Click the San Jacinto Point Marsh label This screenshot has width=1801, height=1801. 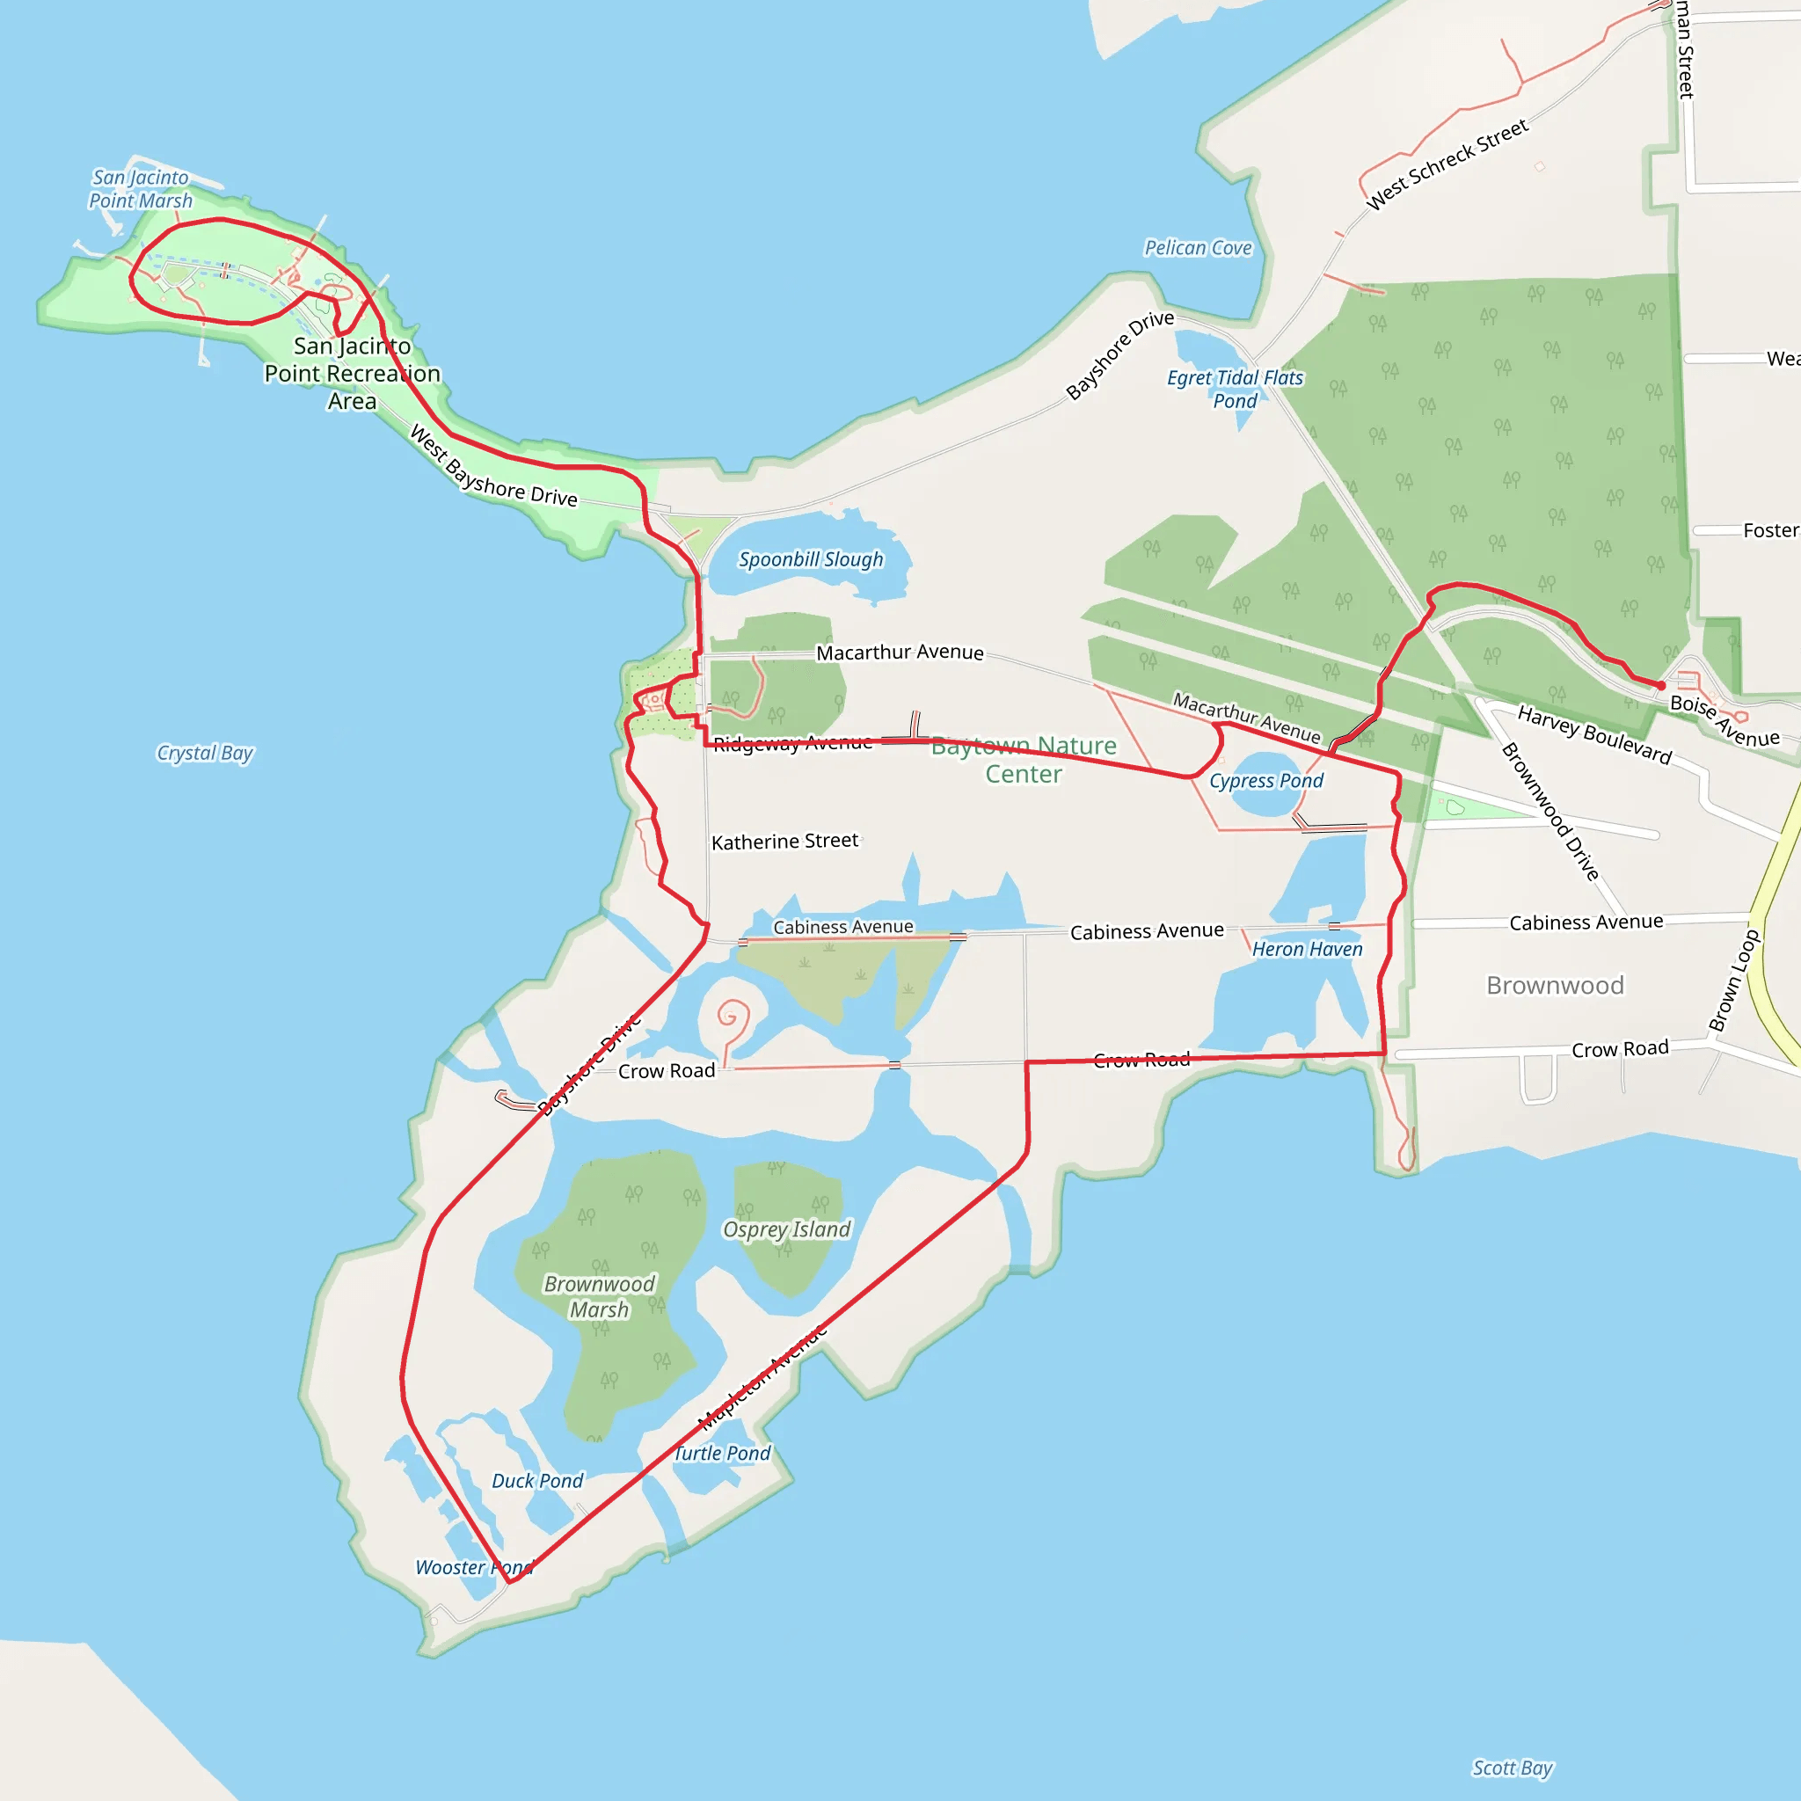[x=141, y=189]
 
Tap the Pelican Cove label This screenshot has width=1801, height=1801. [x=1198, y=248]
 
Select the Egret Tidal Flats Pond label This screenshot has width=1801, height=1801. [x=1236, y=389]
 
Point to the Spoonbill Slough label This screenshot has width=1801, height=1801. [x=811, y=559]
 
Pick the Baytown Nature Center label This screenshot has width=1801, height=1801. [x=1024, y=760]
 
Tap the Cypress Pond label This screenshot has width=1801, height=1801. [x=1266, y=780]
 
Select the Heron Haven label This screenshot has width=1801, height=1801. [x=1307, y=949]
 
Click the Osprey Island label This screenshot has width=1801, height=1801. [x=787, y=1229]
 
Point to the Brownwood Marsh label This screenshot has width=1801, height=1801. [x=600, y=1297]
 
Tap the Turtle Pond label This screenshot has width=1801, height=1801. [x=723, y=1454]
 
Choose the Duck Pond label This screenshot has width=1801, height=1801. [x=537, y=1480]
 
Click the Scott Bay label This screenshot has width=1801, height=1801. [x=1512, y=1768]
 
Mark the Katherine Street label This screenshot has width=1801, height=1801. [x=785, y=841]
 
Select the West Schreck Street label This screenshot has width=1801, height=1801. [x=1447, y=164]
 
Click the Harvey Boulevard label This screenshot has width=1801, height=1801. [x=1595, y=734]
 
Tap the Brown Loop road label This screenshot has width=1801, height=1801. [x=1734, y=981]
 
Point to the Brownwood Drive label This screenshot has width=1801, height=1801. [x=1550, y=811]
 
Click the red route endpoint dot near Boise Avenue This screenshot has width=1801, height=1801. [x=1660, y=685]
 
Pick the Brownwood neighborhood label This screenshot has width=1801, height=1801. [x=1555, y=985]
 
